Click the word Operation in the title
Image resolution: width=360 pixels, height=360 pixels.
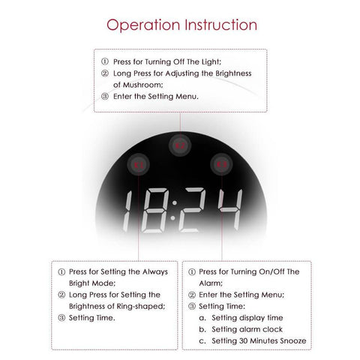tap(143, 25)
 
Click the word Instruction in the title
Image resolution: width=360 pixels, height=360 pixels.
tap(220, 25)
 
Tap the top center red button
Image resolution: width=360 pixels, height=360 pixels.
tap(178, 145)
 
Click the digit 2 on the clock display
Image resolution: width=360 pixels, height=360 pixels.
tap(196, 211)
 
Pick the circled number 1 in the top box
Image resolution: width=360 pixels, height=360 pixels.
tap(105, 61)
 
